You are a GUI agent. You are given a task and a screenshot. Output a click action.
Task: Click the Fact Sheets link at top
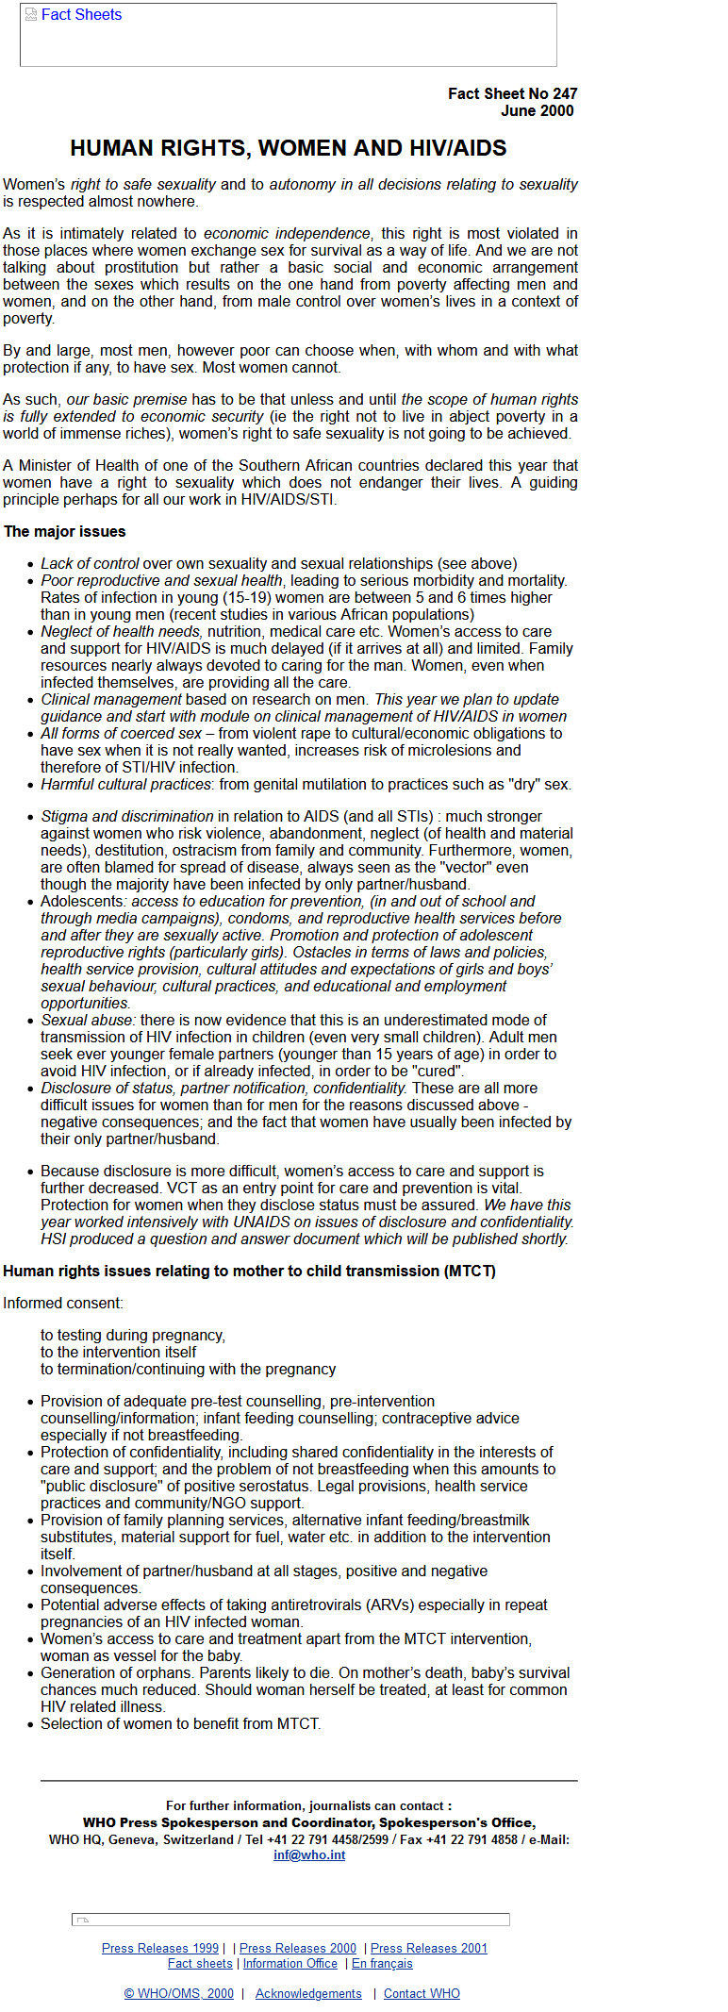click(81, 15)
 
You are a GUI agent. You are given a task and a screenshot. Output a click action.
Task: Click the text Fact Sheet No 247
click(512, 93)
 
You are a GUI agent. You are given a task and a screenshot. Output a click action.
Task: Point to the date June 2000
click(537, 110)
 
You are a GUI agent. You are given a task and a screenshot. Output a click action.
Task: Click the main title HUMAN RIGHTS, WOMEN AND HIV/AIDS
click(289, 148)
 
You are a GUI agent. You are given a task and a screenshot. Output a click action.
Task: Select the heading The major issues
click(65, 532)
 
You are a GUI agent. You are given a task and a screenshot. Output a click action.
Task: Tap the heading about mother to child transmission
click(249, 1271)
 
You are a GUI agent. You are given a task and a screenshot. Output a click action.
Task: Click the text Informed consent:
click(63, 1303)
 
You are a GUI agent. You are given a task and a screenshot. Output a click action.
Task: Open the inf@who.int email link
click(309, 1854)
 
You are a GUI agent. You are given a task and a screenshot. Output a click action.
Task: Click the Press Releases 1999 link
click(160, 1948)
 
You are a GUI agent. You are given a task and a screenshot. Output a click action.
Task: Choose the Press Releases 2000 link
click(298, 1948)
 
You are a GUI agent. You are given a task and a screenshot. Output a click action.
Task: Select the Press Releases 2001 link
click(429, 1948)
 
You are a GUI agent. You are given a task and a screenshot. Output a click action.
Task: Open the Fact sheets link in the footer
click(200, 1963)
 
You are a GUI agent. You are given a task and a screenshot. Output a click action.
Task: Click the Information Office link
click(290, 1963)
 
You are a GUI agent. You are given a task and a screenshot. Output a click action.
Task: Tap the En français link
click(382, 1963)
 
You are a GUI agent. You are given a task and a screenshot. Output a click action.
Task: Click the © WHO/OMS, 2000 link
click(179, 1993)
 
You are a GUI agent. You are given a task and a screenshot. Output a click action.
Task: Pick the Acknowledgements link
click(308, 1993)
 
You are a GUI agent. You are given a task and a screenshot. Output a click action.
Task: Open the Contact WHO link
click(422, 1993)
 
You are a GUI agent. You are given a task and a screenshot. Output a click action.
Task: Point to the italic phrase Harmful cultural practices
click(125, 784)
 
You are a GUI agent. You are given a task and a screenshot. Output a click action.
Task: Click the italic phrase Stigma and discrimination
click(127, 816)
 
